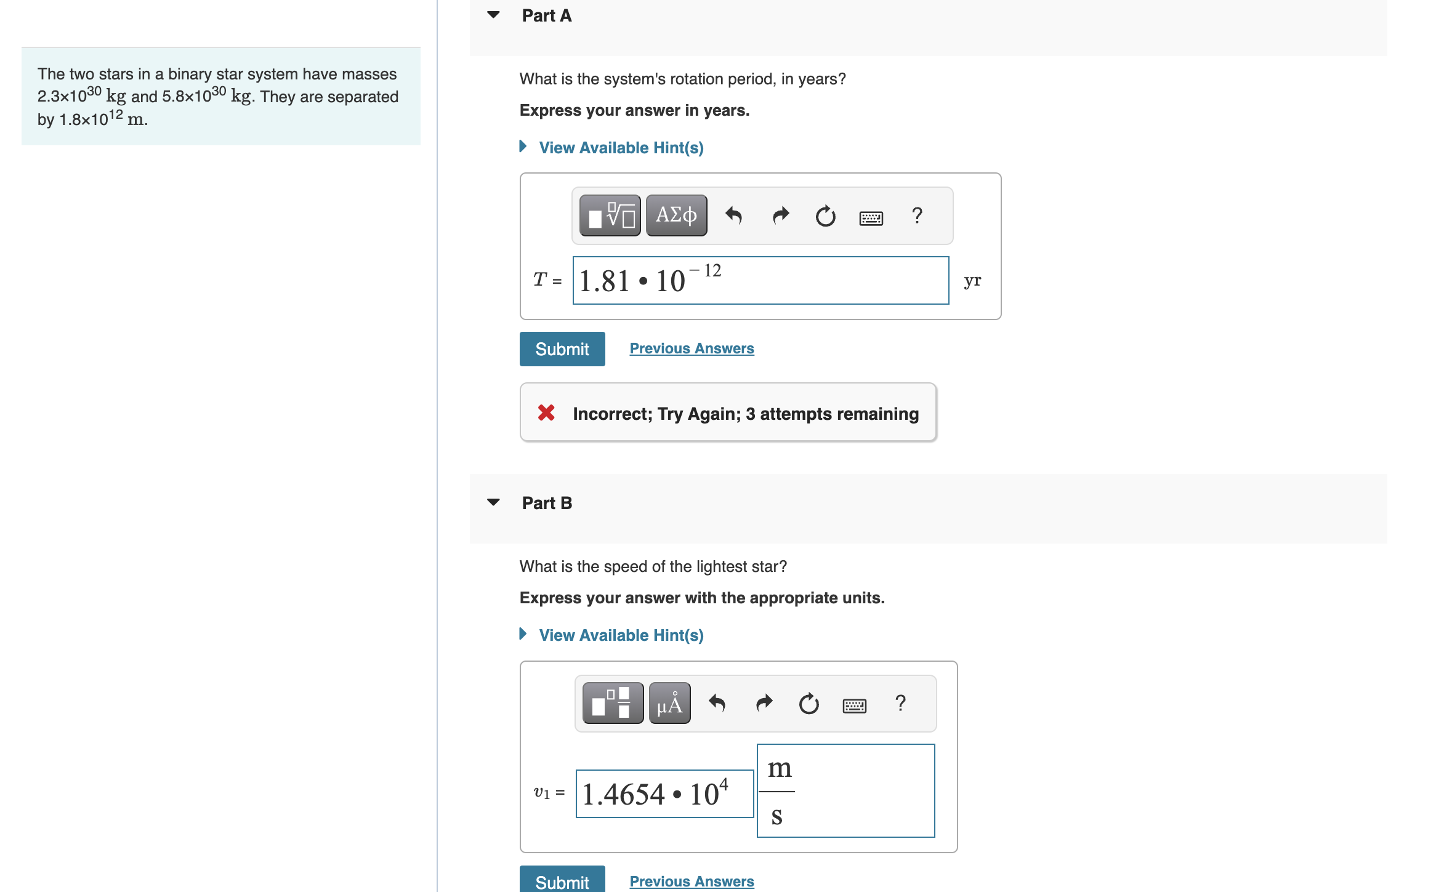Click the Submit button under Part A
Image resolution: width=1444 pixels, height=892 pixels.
(x=562, y=349)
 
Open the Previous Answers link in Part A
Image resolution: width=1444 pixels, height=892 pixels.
(x=691, y=348)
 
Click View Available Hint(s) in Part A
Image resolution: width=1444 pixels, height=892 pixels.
(x=620, y=148)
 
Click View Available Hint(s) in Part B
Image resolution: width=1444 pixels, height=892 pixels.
(x=620, y=635)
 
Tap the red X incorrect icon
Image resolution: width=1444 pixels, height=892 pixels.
(x=546, y=413)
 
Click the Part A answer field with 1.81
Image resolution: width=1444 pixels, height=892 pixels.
(x=760, y=281)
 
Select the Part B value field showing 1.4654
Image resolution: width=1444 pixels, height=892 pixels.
(x=664, y=794)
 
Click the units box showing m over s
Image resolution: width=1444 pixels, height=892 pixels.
(x=845, y=791)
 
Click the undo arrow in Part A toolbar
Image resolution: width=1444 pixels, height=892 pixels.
(x=733, y=215)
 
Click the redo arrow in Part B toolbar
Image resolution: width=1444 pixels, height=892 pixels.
(x=764, y=703)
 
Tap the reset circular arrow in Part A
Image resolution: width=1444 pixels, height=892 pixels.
(x=825, y=215)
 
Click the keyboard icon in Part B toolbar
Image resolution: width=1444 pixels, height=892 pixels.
(x=854, y=705)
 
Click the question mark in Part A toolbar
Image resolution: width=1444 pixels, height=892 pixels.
(x=917, y=215)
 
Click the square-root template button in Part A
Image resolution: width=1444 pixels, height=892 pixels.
(x=610, y=215)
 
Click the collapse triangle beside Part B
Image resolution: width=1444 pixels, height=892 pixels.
(x=493, y=502)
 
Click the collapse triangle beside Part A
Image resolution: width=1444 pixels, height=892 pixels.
(x=493, y=15)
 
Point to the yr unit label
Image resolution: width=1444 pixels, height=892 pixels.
(x=972, y=281)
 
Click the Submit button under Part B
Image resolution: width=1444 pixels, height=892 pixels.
(x=562, y=880)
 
